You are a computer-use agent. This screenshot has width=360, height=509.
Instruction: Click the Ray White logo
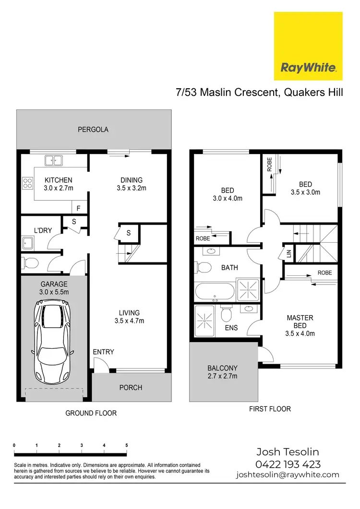[x=308, y=46]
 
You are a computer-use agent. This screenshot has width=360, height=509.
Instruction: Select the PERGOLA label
[x=94, y=130]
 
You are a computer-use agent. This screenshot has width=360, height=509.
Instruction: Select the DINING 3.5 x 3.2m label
[x=131, y=184]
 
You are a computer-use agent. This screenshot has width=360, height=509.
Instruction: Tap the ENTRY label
[x=103, y=352]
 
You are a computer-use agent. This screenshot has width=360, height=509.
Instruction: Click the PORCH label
[x=131, y=388]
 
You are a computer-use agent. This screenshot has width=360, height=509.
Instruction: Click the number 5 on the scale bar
[x=127, y=446]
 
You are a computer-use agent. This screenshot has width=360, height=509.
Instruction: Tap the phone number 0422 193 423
[x=288, y=464]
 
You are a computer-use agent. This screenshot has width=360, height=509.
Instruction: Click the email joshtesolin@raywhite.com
[x=288, y=475]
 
